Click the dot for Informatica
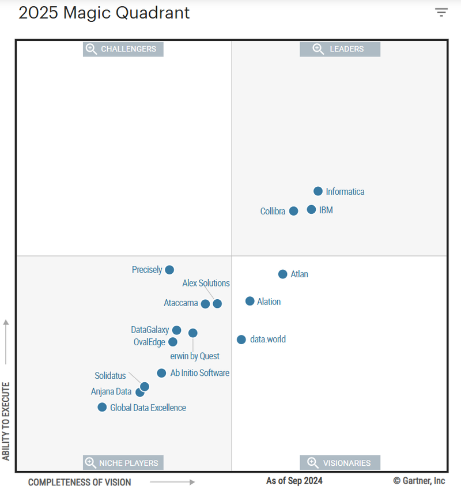(318, 191)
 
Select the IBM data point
(311, 210)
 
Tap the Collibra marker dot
(293, 211)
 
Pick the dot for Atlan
(282, 274)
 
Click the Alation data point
(250, 301)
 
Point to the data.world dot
(241, 340)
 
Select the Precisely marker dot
(169, 270)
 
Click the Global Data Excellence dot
(102, 408)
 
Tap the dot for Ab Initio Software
(161, 373)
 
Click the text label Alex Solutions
(206, 283)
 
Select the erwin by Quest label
(195, 356)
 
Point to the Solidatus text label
(110, 376)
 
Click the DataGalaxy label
(150, 330)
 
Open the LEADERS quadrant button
(340, 49)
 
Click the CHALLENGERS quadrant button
(123, 49)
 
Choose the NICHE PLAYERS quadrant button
(123, 462)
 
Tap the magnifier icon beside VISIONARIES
(312, 462)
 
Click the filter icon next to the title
(441, 13)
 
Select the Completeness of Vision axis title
(80, 482)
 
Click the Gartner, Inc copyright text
(419, 481)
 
